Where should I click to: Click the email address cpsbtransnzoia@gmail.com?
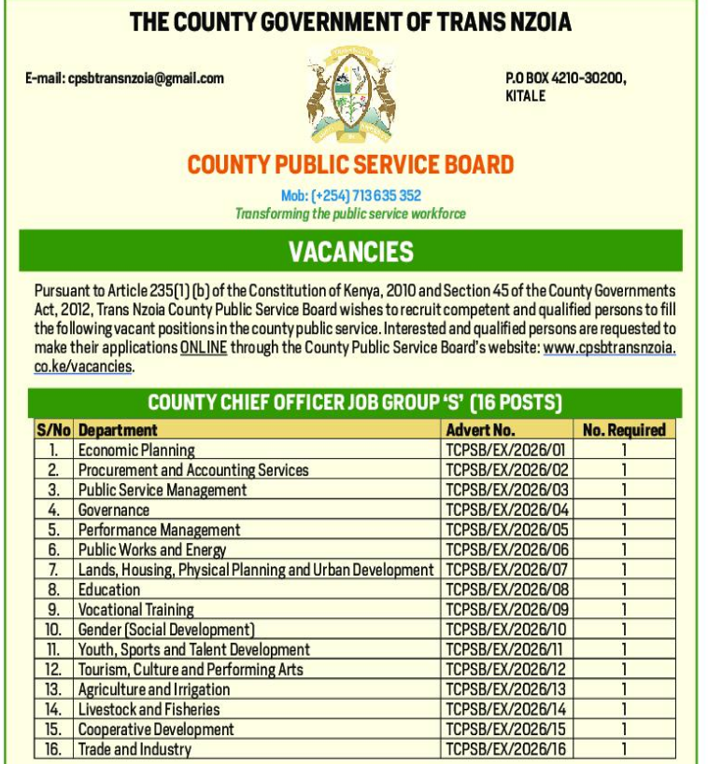click(x=124, y=78)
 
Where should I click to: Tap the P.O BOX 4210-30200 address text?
click(x=565, y=78)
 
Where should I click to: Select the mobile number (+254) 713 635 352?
click(x=350, y=196)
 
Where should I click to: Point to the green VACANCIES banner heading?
click(x=350, y=251)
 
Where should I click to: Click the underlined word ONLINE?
click(x=203, y=348)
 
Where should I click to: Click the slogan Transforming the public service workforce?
click(x=350, y=214)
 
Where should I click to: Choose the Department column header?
click(x=118, y=430)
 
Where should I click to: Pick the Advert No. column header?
click(x=480, y=430)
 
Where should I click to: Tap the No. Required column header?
click(x=624, y=430)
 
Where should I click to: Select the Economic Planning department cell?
click(x=136, y=451)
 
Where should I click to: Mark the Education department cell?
click(x=109, y=590)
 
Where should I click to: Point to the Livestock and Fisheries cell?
click(x=149, y=710)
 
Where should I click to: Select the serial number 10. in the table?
click(x=53, y=630)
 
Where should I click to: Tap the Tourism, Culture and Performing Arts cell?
click(x=191, y=670)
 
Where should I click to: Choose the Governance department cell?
click(x=114, y=510)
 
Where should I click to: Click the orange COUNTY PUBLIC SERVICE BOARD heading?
click(x=350, y=165)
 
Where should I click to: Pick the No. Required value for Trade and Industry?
click(x=624, y=750)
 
